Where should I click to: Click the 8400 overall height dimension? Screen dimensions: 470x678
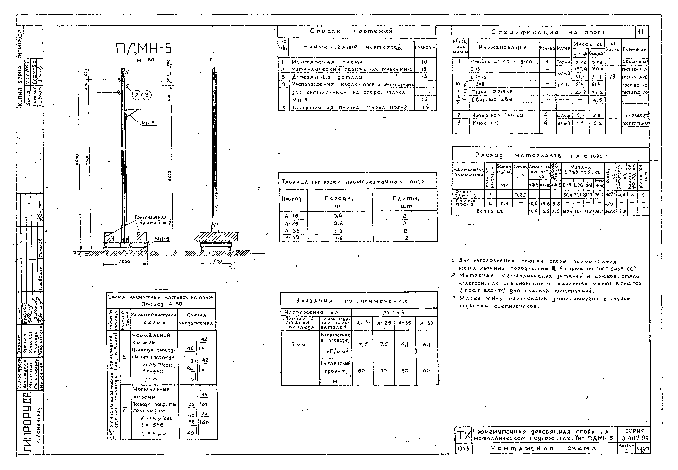click(x=77, y=160)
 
